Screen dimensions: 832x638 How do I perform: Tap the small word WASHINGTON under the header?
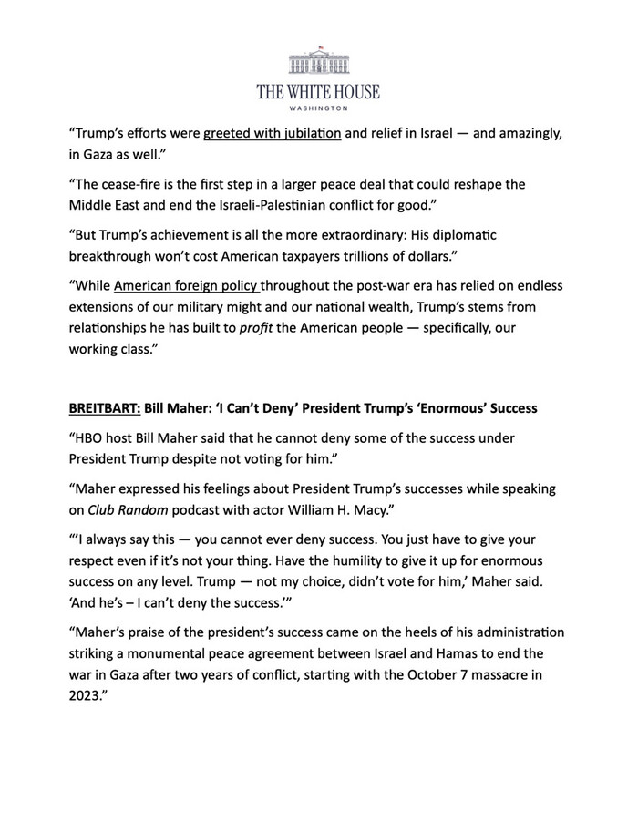pyautogui.click(x=318, y=108)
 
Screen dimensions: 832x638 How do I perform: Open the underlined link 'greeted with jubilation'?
pyautogui.click(x=273, y=135)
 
